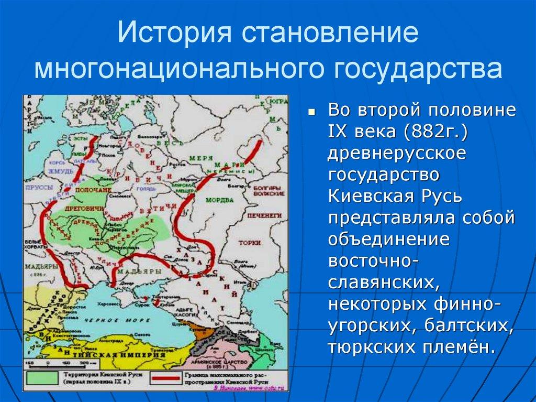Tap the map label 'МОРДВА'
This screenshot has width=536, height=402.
(219, 200)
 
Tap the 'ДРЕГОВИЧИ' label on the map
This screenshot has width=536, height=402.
(77, 208)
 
